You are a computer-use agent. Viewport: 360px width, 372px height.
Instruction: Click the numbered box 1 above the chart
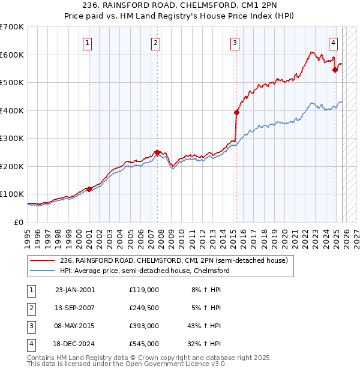point(88,43)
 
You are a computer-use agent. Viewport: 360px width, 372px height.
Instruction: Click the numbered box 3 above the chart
point(235,43)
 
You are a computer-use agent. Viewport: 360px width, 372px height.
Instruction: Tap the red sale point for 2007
point(157,152)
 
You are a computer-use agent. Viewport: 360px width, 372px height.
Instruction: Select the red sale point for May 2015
point(236,112)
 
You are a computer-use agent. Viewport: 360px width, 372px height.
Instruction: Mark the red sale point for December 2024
point(335,70)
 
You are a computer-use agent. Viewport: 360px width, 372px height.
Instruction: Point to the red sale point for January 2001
point(89,189)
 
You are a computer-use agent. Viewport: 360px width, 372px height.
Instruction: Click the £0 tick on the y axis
point(19,222)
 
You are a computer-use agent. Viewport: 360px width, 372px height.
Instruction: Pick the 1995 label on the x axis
point(28,238)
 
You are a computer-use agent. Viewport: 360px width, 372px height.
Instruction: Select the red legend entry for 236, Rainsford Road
point(174,260)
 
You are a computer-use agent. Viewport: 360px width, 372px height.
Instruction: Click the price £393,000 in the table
point(144,326)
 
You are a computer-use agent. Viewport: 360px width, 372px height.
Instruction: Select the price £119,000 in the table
point(144,290)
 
